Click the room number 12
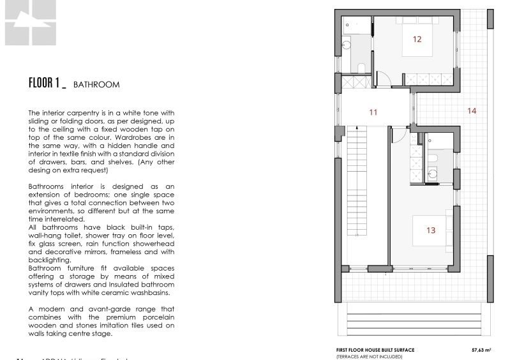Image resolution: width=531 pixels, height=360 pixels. [417, 39]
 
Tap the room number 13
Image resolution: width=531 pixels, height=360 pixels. [431, 230]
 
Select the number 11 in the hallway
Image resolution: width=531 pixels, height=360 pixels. [373, 112]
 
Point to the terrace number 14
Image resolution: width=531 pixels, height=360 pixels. [472, 110]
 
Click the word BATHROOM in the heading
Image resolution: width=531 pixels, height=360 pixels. [96, 84]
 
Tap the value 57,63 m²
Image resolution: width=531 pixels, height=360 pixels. [480, 350]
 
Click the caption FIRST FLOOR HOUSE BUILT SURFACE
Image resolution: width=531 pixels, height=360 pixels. [375, 350]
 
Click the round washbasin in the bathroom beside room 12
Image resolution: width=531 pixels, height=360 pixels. [347, 44]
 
